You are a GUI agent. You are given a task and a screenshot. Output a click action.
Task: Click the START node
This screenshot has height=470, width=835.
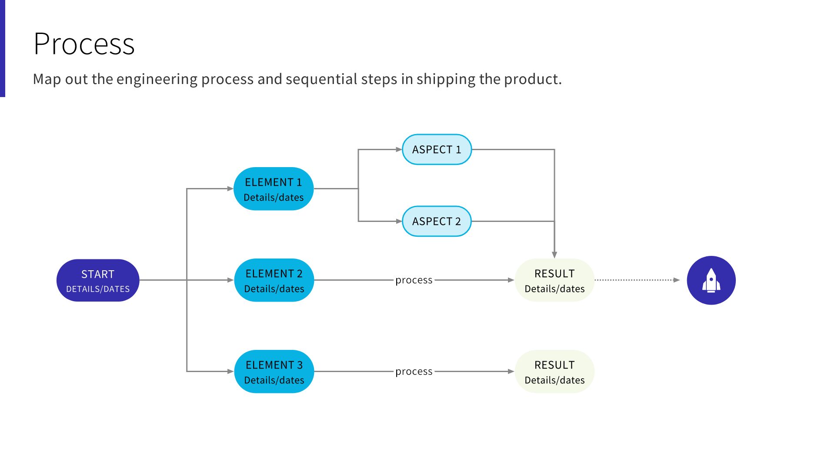pyautogui.click(x=98, y=280)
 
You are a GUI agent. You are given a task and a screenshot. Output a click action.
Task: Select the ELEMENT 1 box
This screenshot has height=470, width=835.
pyautogui.click(x=274, y=189)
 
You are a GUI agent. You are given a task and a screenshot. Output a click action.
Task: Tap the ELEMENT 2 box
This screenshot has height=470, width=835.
pyautogui.click(x=274, y=280)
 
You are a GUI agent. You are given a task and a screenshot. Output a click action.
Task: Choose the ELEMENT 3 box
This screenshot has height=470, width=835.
pyautogui.click(x=274, y=372)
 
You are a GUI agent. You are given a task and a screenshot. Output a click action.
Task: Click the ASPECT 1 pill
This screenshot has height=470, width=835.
pyautogui.click(x=437, y=149)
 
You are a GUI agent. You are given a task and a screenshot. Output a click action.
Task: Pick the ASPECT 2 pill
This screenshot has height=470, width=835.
pyautogui.click(x=437, y=221)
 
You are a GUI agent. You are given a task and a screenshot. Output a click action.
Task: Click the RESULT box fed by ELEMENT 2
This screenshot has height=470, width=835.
pyautogui.click(x=554, y=280)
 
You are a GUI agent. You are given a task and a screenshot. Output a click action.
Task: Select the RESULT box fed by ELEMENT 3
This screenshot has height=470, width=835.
pyautogui.click(x=554, y=372)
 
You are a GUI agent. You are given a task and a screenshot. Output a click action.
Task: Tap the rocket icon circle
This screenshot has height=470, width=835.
pyautogui.click(x=711, y=280)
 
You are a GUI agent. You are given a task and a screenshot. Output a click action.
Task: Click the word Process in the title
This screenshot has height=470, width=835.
pyautogui.click(x=84, y=44)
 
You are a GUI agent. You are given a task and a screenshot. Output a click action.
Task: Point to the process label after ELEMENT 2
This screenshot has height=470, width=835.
pyautogui.click(x=414, y=280)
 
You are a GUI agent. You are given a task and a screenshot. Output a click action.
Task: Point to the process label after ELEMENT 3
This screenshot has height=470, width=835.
pyautogui.click(x=414, y=372)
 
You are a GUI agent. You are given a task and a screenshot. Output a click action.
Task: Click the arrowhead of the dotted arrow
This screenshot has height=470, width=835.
pyautogui.click(x=676, y=280)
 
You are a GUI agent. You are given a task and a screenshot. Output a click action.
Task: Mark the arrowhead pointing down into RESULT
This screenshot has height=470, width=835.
pyautogui.click(x=554, y=255)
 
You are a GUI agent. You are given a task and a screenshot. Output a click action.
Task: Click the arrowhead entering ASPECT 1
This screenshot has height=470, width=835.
pyautogui.click(x=399, y=149)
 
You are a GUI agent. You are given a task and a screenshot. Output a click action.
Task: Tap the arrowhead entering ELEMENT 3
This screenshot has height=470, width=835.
pyautogui.click(x=230, y=372)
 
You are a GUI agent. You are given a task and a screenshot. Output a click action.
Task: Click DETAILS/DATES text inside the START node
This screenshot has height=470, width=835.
pyautogui.click(x=98, y=289)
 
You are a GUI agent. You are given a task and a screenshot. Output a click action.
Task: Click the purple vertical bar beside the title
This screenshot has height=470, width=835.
pyautogui.click(x=2, y=48)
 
